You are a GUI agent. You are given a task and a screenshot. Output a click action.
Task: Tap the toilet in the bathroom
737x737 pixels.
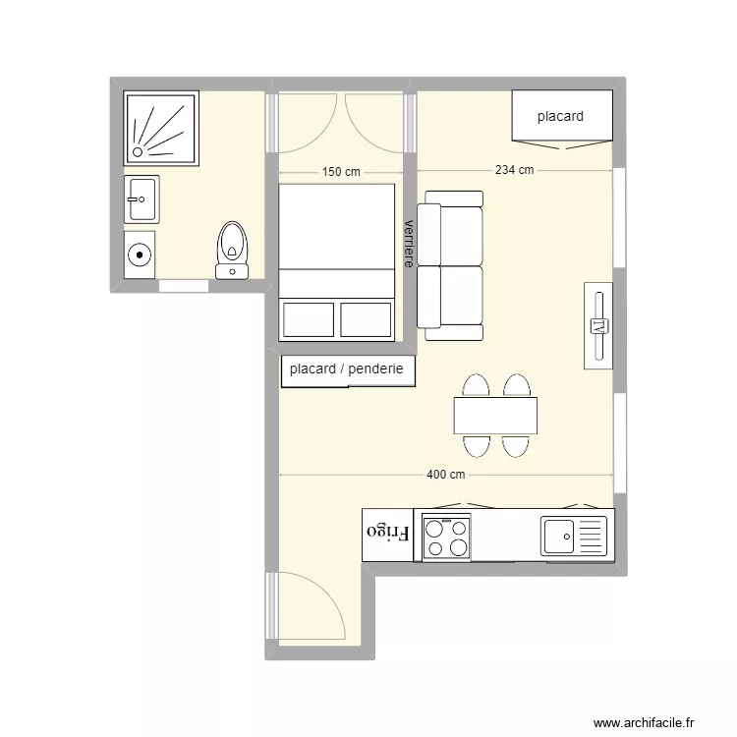tap(233, 248)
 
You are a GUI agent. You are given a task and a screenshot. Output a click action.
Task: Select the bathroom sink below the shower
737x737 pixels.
tap(142, 199)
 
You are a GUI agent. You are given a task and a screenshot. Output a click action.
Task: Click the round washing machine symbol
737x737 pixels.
tap(142, 255)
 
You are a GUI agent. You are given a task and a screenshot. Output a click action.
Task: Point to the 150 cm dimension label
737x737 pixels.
tap(340, 172)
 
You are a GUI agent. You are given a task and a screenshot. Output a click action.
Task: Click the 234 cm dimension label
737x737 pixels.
tap(514, 170)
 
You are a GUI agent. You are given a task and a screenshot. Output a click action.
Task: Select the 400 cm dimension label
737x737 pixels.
tap(445, 475)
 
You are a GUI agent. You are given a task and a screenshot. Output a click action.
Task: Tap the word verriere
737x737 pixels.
tap(408, 242)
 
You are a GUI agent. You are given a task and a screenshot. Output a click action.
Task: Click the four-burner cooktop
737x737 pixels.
tap(446, 539)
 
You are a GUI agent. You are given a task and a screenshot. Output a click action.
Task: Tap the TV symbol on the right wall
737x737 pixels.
tap(598, 325)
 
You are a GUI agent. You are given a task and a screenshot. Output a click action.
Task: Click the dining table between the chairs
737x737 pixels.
tap(496, 415)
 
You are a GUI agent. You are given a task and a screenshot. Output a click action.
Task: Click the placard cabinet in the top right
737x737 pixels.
tap(562, 117)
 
